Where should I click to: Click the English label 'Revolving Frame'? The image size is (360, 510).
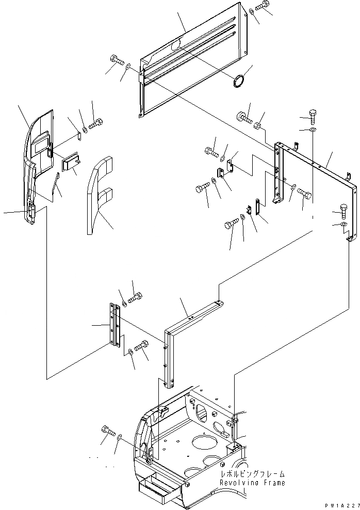tap(252, 483)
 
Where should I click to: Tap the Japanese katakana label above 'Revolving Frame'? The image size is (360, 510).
tap(252, 474)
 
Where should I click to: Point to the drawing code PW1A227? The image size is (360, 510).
tap(340, 505)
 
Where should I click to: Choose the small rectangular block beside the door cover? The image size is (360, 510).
tap(70, 163)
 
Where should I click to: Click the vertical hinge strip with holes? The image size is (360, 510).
tap(114, 325)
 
